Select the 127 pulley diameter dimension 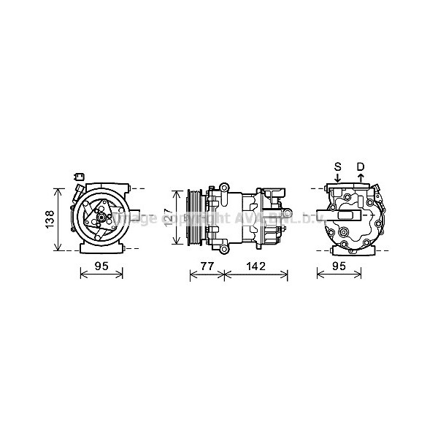[168, 217]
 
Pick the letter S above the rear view [338, 166]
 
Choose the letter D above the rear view [360, 166]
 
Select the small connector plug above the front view [80, 176]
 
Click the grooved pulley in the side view [195, 218]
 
